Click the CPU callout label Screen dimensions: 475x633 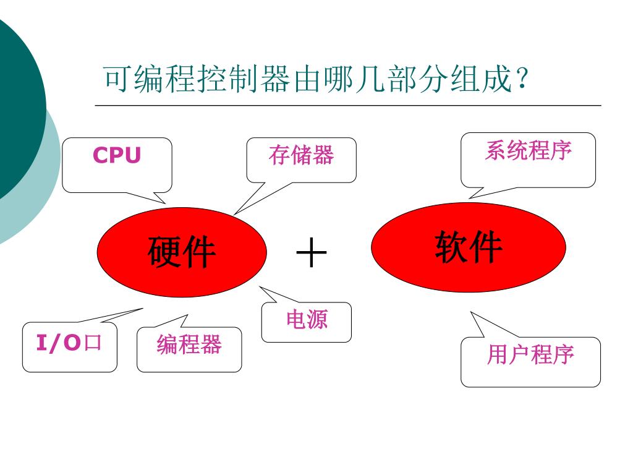(117, 156)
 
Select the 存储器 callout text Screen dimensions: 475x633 (301, 155)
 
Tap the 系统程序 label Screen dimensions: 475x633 (528, 150)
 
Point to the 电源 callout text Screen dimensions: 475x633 (307, 320)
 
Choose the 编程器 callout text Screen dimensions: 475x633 (189, 344)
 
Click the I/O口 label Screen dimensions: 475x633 (69, 342)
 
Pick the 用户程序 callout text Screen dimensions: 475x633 (530, 355)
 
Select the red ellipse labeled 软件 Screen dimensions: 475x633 (468, 247)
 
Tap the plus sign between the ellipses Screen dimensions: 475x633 (311, 254)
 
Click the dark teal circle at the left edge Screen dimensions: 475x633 (15, 105)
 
